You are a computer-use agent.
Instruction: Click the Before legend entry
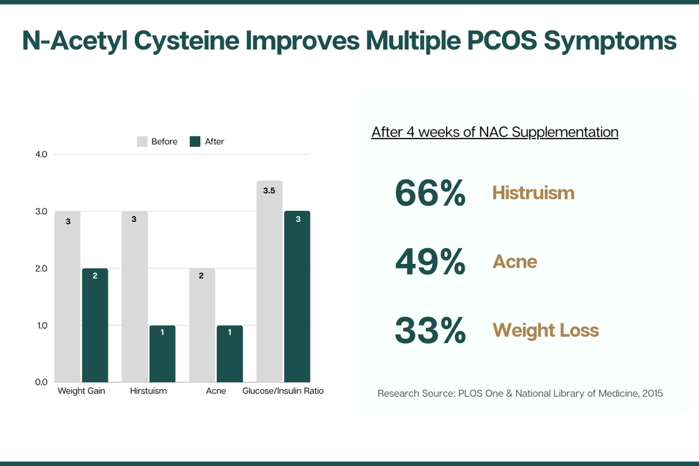[158, 142]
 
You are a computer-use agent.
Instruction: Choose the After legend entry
[207, 142]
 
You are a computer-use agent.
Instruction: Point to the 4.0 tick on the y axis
[41, 154]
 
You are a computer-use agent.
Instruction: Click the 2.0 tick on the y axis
[41, 268]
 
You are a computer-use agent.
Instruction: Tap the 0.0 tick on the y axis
[41, 382]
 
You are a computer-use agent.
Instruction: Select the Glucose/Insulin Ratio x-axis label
[283, 391]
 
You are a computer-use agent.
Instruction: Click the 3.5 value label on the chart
[269, 191]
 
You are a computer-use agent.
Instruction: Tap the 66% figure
[430, 193]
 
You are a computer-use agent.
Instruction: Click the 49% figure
[430, 261]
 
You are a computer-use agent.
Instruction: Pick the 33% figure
[430, 330]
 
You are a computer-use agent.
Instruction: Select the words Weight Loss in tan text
[545, 330]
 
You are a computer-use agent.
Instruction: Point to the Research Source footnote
[520, 394]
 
